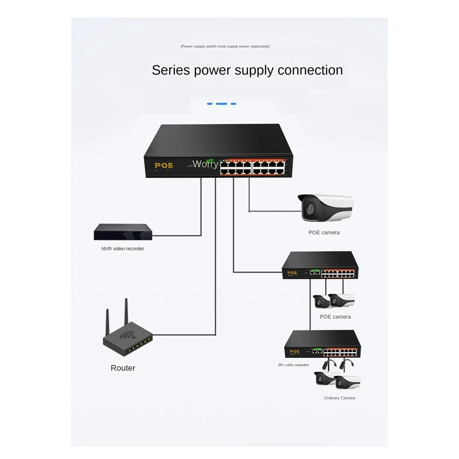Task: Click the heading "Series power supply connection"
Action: click(247, 70)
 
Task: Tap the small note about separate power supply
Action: click(225, 46)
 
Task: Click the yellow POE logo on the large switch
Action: click(164, 166)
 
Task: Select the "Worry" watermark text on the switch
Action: click(205, 164)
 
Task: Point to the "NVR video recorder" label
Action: click(123, 249)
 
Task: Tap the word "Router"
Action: click(123, 368)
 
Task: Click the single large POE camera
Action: click(326, 207)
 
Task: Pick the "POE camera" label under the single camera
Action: click(324, 232)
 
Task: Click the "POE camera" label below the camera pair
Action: click(335, 317)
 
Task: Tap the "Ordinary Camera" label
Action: click(339, 398)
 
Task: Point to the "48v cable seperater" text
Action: click(293, 365)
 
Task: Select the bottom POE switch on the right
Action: click(322, 344)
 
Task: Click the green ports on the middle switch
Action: click(315, 272)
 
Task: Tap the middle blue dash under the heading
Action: click(221, 104)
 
